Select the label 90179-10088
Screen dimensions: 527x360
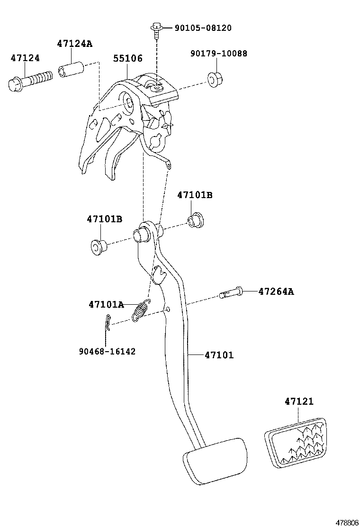click(219, 54)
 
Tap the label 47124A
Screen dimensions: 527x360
click(74, 44)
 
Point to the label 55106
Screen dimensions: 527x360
click(127, 58)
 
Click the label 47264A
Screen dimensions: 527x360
click(276, 291)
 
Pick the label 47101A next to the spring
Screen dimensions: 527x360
click(106, 304)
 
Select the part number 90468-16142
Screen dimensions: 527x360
click(107, 351)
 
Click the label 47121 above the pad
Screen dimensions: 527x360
click(299, 401)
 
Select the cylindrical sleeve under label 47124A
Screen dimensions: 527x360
click(71, 70)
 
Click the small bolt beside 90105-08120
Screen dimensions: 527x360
click(156, 29)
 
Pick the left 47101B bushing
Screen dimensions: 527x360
click(99, 246)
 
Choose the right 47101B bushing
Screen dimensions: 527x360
click(195, 219)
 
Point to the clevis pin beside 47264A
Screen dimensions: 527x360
click(231, 292)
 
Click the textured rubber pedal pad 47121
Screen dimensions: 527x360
click(296, 442)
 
